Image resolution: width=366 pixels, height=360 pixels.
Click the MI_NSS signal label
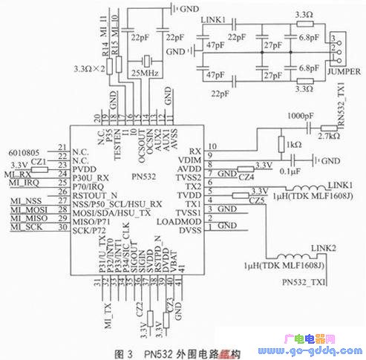click(x=24, y=201)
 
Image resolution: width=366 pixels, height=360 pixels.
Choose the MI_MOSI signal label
click(x=26, y=211)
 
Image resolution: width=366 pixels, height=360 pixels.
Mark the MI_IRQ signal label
click(x=23, y=182)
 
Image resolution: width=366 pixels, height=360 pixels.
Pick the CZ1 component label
click(x=39, y=161)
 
